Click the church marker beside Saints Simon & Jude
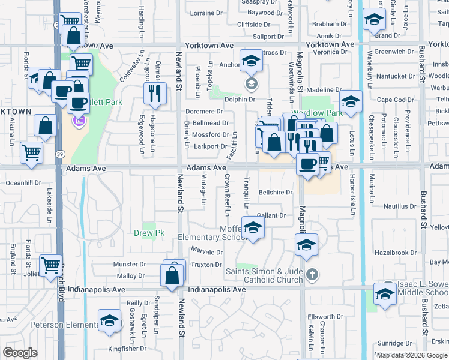[311, 275]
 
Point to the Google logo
[20, 353]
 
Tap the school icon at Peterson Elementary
[109, 320]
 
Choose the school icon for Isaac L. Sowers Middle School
[385, 292]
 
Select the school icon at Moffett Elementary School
[253, 228]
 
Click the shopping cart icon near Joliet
[51, 264]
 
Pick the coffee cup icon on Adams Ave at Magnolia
[307, 163]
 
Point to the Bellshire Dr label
[275, 193]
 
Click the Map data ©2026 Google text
[412, 355]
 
